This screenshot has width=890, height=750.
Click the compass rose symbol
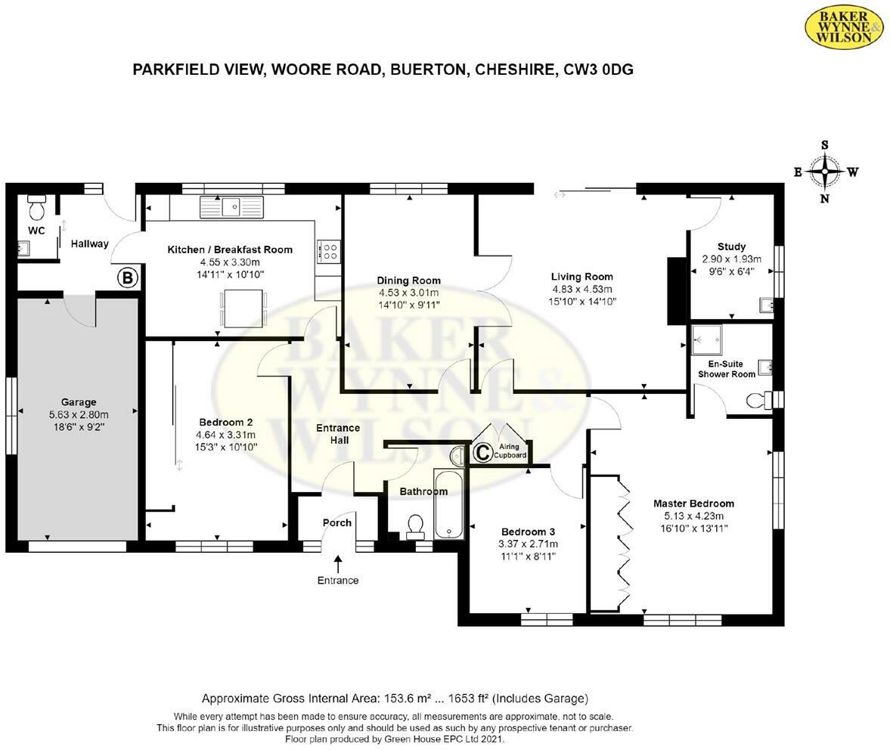coord(825,172)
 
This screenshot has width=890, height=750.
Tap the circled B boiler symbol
coord(128,278)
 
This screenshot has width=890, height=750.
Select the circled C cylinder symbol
coord(482,452)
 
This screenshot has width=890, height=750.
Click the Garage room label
coord(78,402)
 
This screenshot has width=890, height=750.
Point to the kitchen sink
coord(231,206)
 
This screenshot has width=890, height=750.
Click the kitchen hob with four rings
coord(330,251)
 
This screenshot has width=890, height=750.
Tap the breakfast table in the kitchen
coord(243,308)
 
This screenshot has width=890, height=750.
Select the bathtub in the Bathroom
coord(448,504)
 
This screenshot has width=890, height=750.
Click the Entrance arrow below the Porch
coord(338,563)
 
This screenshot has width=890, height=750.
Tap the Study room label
coord(731,246)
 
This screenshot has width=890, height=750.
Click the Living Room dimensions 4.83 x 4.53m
coord(581,289)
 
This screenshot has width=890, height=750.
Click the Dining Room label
coord(408,280)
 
